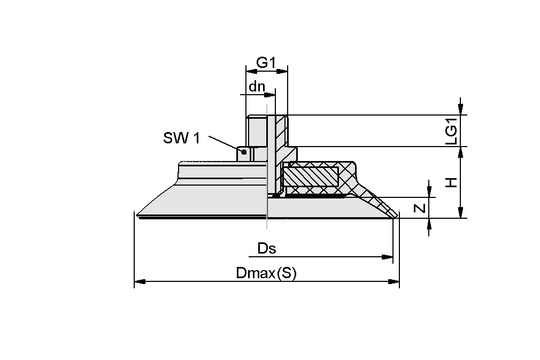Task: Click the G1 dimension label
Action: coord(266,63)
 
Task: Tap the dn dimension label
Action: coord(257,86)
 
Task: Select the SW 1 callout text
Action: coord(181,139)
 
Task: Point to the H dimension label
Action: coord(452,183)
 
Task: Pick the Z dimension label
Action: coord(421,208)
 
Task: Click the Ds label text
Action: coord(267,248)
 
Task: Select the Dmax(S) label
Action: coord(266,273)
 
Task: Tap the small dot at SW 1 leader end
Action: coord(244,152)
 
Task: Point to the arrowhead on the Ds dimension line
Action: coord(388,257)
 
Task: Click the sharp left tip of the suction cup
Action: coord(138,216)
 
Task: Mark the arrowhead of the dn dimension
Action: coord(271,95)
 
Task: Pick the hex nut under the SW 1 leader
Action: coord(244,154)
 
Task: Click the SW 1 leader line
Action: coord(223,142)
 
